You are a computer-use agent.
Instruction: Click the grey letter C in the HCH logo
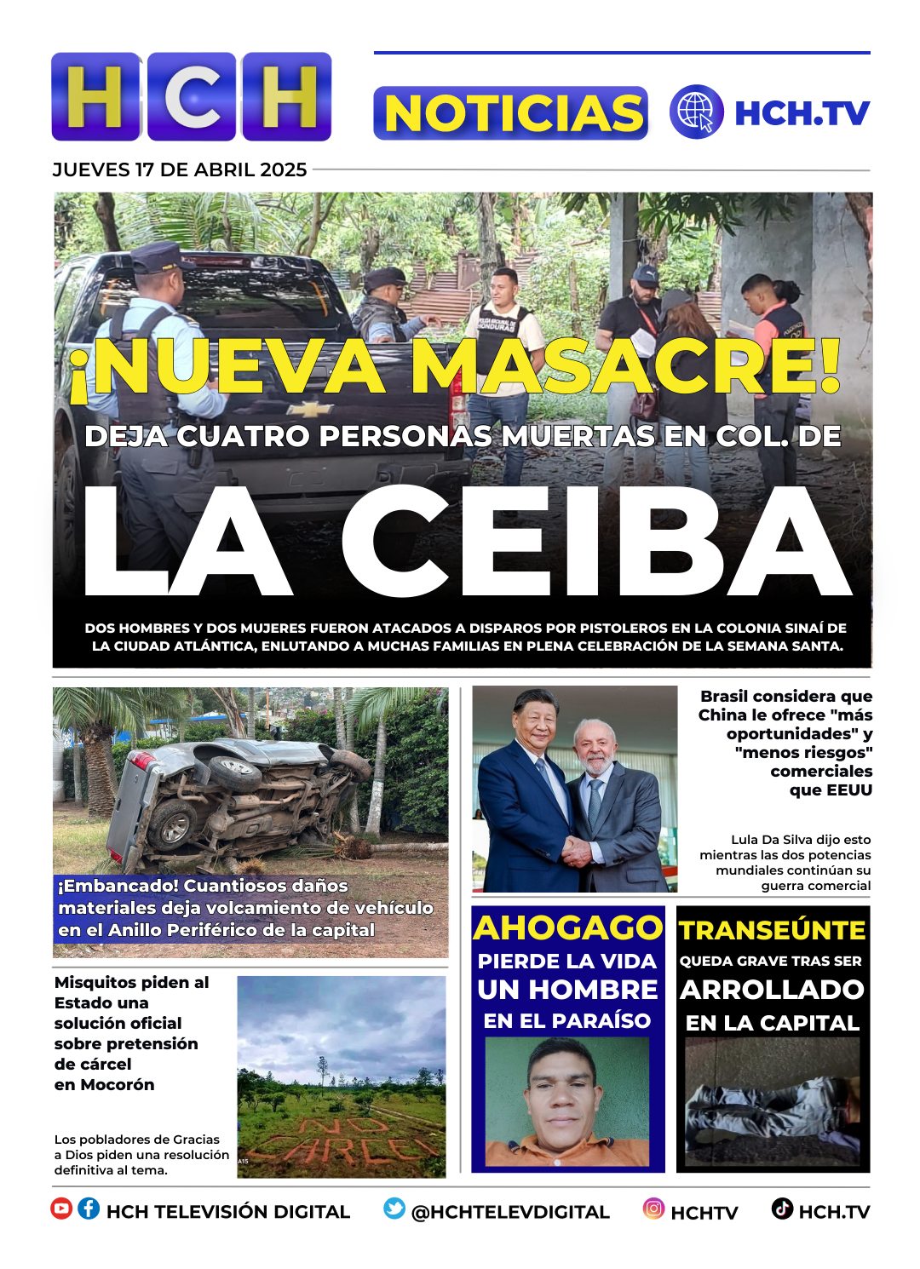point(192,97)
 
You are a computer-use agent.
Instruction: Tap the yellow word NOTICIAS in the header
point(511,113)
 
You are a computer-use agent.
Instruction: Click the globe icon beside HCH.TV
point(696,112)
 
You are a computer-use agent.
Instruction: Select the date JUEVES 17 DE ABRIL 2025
point(180,170)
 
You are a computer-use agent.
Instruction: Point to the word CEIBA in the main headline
point(596,543)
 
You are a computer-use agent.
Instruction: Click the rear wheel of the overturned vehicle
point(174,824)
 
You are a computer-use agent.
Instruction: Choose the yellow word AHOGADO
point(567,927)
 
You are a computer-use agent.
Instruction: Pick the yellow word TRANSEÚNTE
point(773,930)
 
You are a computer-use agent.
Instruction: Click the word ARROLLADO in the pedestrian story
point(773,990)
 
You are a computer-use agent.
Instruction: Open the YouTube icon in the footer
point(61,1209)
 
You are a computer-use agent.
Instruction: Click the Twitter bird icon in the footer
point(394,1209)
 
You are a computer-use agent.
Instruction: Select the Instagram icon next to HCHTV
point(653,1209)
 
